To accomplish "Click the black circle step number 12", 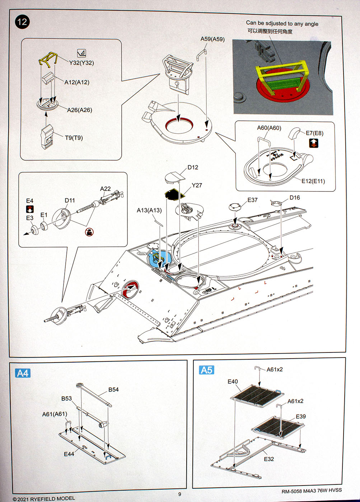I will point(22,22).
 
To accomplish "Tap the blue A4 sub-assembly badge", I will point(23,373).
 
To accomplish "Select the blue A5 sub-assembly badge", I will point(206,370).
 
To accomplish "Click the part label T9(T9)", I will point(74,138).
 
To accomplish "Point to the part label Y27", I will point(197,185).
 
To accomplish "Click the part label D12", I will point(193,167).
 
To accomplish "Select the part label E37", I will point(252,200).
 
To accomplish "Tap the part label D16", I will point(295,198).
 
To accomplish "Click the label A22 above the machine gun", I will point(105,189).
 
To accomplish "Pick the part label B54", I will point(113,389).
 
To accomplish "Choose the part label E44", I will point(69,454).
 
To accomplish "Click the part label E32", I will point(269,459).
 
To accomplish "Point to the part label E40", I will point(233,382).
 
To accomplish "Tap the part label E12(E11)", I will point(313,181).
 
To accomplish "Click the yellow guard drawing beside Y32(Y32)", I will point(48,59).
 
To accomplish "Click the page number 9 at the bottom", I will point(180,494).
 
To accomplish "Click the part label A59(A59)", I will point(212,39).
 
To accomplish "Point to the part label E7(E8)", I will point(314,133).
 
